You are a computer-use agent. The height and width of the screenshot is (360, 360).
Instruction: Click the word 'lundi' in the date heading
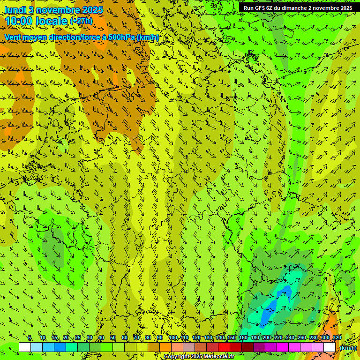[x=14, y=9]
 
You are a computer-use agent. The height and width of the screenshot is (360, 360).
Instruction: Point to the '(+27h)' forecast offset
[x=81, y=21]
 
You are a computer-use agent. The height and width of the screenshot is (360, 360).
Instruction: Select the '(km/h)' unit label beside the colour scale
[x=348, y=348]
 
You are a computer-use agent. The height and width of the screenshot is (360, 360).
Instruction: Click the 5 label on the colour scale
[x=30, y=338]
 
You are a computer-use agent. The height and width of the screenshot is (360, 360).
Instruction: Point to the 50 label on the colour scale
[x=113, y=338]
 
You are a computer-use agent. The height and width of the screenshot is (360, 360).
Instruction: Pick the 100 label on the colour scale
[x=173, y=338]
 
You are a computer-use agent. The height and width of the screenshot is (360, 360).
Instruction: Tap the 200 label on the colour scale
[x=267, y=338]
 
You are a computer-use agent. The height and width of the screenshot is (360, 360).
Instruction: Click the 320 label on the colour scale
[x=337, y=338]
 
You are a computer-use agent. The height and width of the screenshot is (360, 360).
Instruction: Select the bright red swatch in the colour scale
[x=224, y=347]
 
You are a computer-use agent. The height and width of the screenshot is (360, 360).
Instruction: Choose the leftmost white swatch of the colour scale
[x=25, y=347]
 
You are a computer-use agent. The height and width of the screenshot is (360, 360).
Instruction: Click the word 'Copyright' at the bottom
[x=176, y=357]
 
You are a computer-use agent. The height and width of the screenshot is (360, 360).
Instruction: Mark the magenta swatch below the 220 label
[x=283, y=347]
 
